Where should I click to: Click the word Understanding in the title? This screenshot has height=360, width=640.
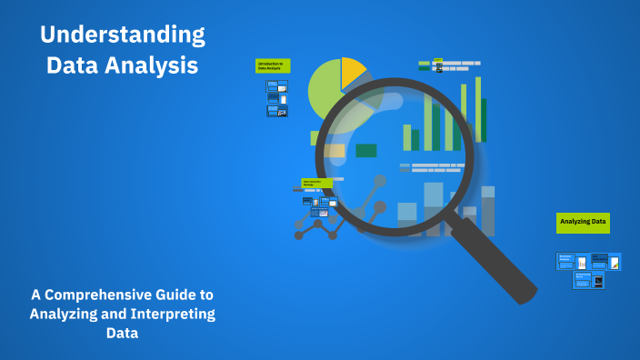[122, 35]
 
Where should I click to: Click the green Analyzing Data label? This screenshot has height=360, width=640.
[583, 221]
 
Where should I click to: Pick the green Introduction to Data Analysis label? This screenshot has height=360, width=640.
[272, 65]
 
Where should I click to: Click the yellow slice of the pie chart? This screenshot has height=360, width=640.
[352, 72]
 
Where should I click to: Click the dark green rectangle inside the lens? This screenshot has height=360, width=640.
[366, 150]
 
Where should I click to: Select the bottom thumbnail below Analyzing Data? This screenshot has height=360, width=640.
[588, 280]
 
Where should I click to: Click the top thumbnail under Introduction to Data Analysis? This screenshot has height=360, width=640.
[276, 85]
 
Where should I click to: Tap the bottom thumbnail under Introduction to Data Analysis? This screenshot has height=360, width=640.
[276, 111]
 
